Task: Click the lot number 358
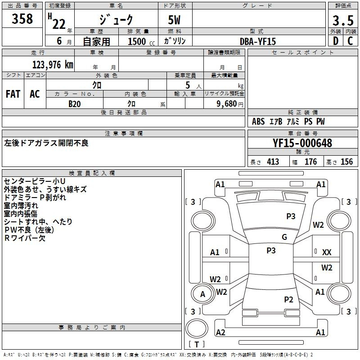[22, 19]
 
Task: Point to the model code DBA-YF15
[258, 41]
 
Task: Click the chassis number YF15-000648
[302, 143]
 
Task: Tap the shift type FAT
[13, 94]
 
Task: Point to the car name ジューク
[116, 20]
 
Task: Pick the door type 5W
[175, 20]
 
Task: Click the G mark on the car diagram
[284, 237]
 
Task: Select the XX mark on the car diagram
[327, 252]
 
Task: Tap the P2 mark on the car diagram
[288, 300]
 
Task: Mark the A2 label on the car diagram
[220, 332]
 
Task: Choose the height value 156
[346, 162]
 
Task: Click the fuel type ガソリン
[175, 41]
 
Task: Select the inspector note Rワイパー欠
[25, 238]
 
